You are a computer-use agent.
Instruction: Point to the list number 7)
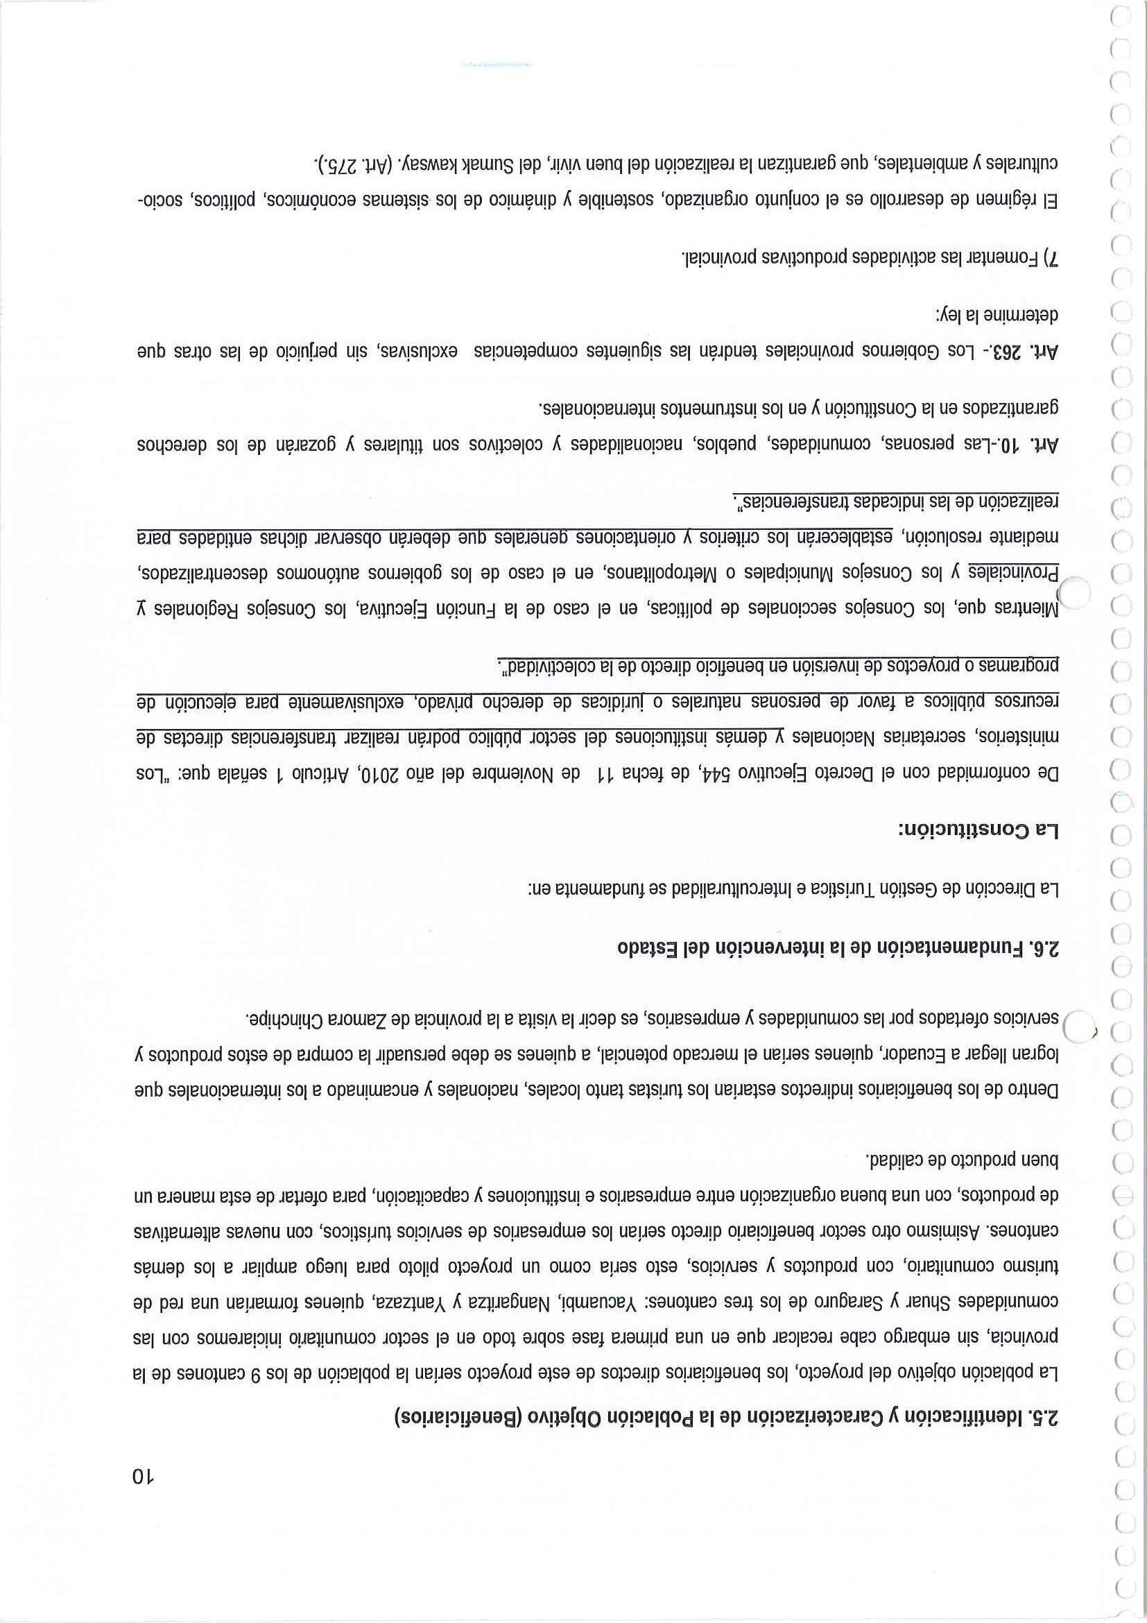tap(1051, 259)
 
